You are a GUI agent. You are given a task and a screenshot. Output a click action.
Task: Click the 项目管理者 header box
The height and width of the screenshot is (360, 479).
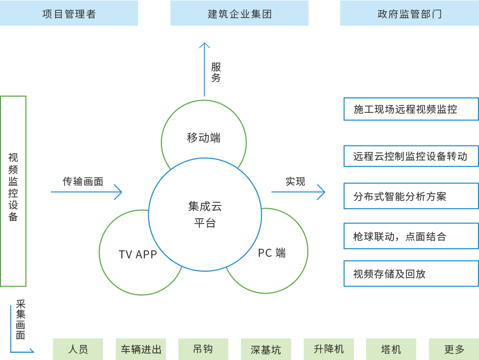tap(69, 13)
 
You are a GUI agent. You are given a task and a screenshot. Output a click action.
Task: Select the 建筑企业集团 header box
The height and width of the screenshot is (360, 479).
tap(239, 13)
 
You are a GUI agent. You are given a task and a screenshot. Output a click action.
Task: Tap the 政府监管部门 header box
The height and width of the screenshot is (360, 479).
tap(410, 13)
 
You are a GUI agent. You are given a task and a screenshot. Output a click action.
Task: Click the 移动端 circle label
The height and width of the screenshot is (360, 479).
tap(204, 138)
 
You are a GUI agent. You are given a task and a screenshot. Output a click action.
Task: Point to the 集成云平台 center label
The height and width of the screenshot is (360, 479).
tap(205, 214)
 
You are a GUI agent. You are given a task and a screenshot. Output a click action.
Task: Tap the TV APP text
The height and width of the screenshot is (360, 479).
tap(138, 254)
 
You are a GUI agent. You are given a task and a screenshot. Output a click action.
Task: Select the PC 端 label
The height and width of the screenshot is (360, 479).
tap(272, 253)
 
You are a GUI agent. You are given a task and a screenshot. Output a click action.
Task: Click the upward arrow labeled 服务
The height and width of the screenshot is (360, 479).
tap(204, 70)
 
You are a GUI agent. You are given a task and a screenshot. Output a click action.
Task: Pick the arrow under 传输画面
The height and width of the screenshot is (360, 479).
tap(87, 192)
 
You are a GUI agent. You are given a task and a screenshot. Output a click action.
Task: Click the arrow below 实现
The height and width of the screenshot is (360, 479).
tap(298, 192)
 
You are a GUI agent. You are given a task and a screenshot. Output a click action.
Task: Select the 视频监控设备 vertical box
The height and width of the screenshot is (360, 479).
tap(13, 191)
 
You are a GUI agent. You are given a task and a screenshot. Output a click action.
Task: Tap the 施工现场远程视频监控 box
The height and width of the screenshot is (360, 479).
tap(411, 109)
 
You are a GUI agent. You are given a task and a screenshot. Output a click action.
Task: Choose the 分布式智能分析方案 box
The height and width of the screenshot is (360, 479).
tap(411, 196)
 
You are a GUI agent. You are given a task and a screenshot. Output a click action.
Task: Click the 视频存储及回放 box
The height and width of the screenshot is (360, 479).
tap(411, 274)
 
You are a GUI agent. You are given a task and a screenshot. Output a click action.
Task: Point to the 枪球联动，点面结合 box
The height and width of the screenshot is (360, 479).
tap(411, 236)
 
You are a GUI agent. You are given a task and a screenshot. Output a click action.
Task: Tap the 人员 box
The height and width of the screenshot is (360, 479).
tap(78, 349)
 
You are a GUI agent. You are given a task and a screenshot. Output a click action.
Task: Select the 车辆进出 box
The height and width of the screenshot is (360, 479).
tap(141, 349)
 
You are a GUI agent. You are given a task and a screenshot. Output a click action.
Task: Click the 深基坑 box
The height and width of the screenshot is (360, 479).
tap(266, 349)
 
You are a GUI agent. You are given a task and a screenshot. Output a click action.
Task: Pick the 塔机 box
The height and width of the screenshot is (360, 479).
tap(391, 349)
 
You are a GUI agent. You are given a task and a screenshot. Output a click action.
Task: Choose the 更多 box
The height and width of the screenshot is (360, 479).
tap(454, 349)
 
